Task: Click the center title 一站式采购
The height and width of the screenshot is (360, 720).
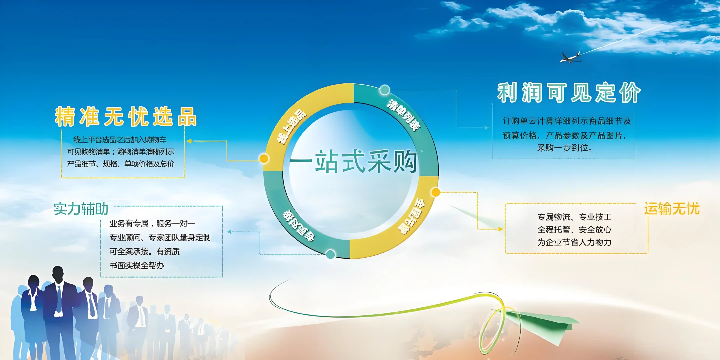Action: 353,162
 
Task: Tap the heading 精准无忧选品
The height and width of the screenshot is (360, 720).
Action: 126,117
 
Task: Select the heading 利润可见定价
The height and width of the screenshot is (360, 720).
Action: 569,92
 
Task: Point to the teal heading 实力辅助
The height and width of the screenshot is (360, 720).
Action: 81,209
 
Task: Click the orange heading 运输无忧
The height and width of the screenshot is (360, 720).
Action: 671,209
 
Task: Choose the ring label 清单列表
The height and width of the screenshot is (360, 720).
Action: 403,115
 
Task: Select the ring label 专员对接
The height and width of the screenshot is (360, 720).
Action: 298,225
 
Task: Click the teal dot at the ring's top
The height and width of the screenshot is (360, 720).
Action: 385,90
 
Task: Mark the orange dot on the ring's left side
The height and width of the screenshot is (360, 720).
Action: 264,158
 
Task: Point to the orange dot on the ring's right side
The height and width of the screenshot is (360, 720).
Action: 436,192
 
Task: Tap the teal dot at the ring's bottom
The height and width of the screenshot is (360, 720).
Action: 330,254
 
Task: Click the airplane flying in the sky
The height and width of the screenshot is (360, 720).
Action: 571,58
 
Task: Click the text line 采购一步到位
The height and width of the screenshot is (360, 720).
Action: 564,148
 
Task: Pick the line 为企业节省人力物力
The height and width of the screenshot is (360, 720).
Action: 574,242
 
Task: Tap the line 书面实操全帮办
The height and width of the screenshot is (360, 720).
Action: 137,266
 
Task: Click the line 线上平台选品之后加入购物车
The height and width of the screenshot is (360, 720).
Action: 120,140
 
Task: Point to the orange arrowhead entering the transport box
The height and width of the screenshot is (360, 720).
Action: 500,229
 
